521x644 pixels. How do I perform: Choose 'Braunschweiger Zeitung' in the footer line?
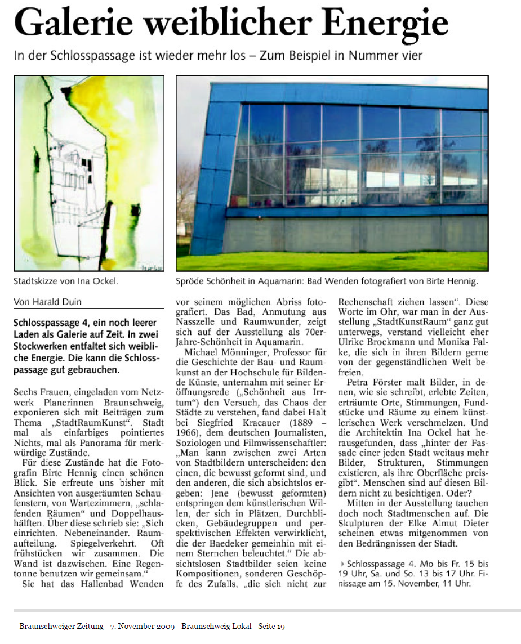coord(55,625)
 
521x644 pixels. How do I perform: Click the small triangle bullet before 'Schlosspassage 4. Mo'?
coord(342,563)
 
